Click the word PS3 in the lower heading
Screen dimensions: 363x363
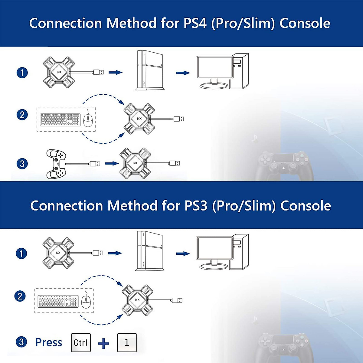point(196,206)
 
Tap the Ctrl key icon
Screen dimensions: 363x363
point(81,343)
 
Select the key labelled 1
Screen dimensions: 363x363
point(127,343)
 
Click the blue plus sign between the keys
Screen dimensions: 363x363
point(103,343)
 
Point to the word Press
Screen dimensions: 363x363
point(48,342)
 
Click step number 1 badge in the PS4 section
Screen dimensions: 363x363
point(22,73)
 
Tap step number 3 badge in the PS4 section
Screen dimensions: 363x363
point(22,164)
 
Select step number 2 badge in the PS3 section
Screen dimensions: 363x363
point(20,296)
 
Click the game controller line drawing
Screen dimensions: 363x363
point(56,164)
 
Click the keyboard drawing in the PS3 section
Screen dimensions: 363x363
point(58,301)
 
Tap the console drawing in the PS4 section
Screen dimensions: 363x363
point(150,70)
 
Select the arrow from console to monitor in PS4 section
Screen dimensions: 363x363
point(183,73)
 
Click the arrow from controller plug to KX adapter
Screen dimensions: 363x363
point(112,164)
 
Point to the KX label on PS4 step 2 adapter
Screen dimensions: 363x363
point(139,119)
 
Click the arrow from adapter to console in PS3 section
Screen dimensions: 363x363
point(115,253)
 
